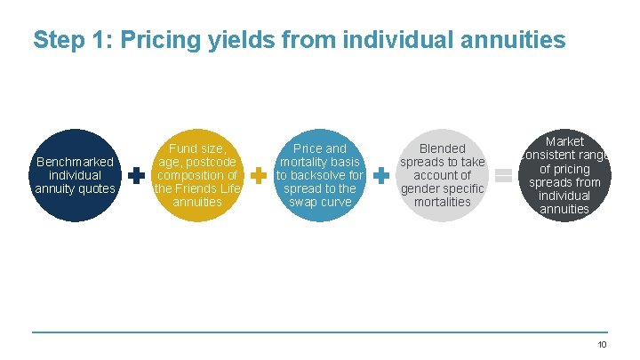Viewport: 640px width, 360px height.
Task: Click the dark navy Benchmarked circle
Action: click(x=75, y=175)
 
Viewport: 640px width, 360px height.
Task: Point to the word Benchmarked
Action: click(x=75, y=162)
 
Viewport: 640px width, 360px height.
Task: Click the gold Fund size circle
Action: click(x=196, y=175)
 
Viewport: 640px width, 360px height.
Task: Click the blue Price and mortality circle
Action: click(x=319, y=175)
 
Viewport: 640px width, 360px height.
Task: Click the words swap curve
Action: click(x=321, y=202)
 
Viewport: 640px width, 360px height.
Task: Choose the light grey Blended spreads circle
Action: click(x=442, y=175)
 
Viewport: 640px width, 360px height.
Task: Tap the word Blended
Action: click(x=442, y=148)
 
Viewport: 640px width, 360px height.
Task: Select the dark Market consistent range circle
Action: click(x=564, y=175)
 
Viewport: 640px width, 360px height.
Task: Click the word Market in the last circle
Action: click(x=564, y=141)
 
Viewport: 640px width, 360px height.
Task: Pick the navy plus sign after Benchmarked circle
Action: click(x=136, y=176)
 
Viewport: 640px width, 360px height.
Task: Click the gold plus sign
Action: click(x=259, y=176)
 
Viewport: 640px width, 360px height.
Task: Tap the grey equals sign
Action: click(x=503, y=176)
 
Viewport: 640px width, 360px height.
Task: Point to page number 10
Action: click(x=602, y=345)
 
